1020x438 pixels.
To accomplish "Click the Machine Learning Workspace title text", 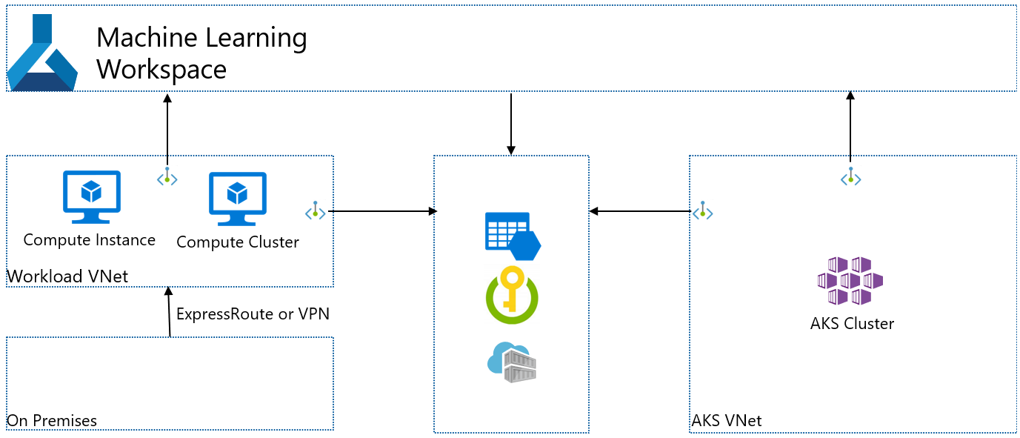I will pyautogui.click(x=201, y=53).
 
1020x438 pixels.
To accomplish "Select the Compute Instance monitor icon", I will pyautogui.click(x=91, y=196).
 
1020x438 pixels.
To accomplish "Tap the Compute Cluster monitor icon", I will pyautogui.click(x=237, y=199).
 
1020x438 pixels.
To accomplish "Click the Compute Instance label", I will pyautogui.click(x=89, y=239).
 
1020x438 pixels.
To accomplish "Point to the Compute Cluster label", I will pyautogui.click(x=237, y=242).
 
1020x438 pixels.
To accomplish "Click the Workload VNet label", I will pyautogui.click(x=67, y=276).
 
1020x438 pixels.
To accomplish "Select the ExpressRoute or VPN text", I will pyautogui.click(x=252, y=313).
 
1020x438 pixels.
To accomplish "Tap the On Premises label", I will pyautogui.click(x=52, y=421).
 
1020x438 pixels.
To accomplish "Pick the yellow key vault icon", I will pyautogui.click(x=511, y=295).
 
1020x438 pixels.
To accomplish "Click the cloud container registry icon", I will pyautogui.click(x=511, y=362).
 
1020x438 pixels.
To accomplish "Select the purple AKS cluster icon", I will pyautogui.click(x=850, y=281).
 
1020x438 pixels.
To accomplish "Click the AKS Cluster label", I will pyautogui.click(x=852, y=324).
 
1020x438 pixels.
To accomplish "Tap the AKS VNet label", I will pyautogui.click(x=726, y=421).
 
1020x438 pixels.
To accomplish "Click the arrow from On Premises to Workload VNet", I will pyautogui.click(x=170, y=311).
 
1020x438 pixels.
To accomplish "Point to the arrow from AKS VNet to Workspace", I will pyautogui.click(x=850, y=126).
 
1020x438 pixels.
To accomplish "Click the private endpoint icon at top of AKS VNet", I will pyautogui.click(x=850, y=177).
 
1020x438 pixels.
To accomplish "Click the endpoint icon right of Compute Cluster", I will pyautogui.click(x=315, y=211).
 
